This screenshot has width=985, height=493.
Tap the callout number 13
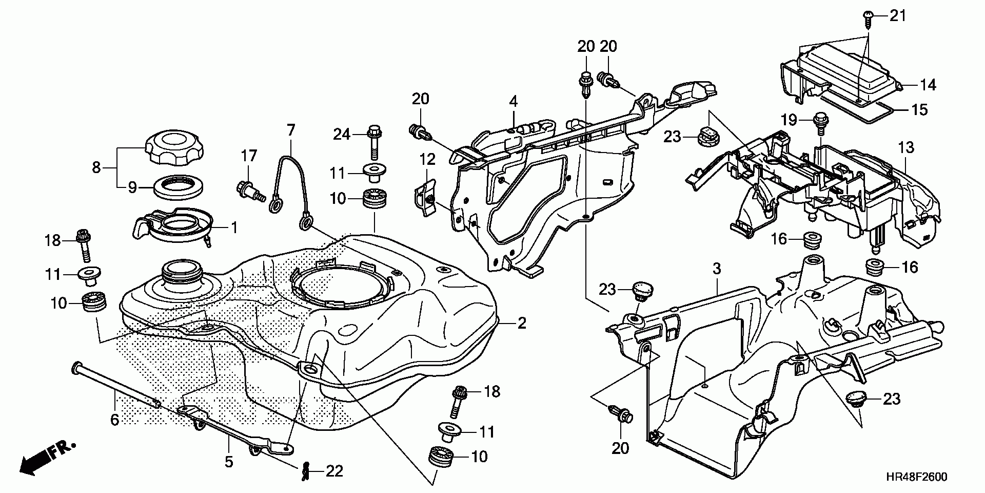[906, 148]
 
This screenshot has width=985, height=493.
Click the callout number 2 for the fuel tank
[522, 323]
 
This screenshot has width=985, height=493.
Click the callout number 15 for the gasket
[920, 109]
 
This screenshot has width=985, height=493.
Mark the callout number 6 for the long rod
[114, 420]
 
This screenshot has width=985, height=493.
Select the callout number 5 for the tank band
[229, 461]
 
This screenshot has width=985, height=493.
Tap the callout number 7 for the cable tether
[291, 130]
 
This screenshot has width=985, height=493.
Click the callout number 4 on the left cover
[514, 101]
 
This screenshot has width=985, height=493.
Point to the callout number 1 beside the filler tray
[234, 227]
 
